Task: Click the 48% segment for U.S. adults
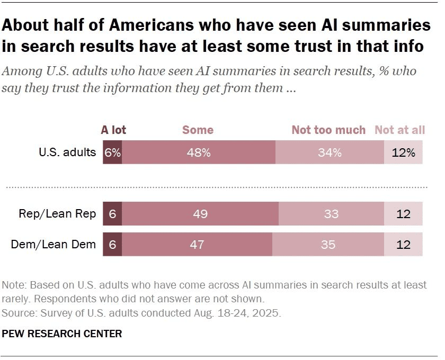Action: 199,152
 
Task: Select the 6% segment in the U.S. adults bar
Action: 112,152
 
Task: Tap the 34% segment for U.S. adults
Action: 330,152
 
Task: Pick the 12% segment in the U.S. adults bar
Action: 404,152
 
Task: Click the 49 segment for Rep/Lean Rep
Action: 200,214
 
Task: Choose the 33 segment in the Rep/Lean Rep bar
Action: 331,214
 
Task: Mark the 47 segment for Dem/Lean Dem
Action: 197,244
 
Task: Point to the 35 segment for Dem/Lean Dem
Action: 328,244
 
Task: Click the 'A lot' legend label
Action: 113,130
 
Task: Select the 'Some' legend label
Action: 198,130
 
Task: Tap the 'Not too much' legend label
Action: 328,130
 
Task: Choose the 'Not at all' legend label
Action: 399,130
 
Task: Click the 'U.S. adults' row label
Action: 67,152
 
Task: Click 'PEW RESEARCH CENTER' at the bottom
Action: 62,334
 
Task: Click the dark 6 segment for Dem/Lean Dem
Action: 112,244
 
